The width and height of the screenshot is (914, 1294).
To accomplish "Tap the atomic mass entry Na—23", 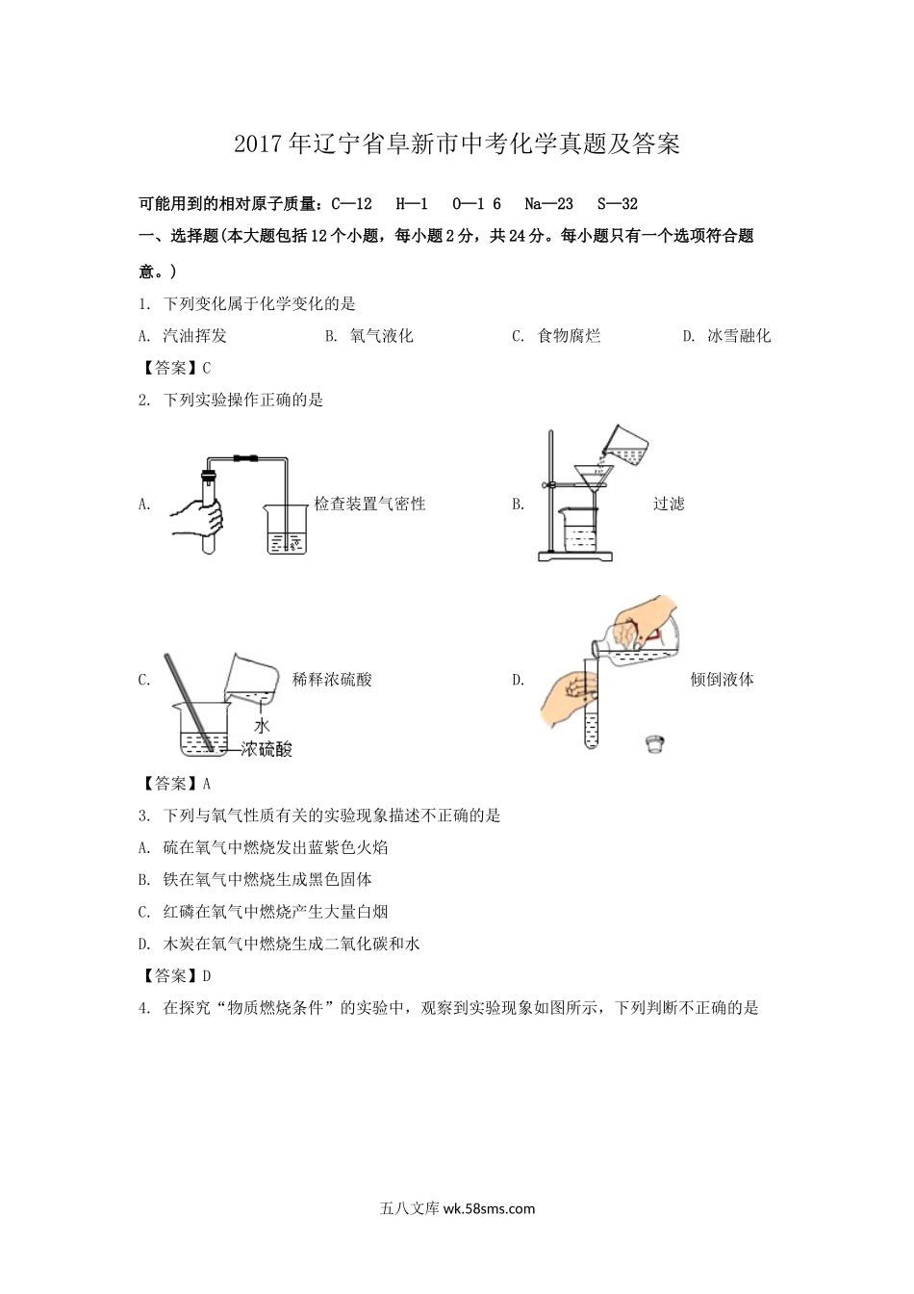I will point(548,203).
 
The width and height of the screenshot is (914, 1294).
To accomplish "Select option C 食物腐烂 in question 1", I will point(568,336).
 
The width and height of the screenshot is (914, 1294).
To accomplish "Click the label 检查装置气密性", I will point(369,504).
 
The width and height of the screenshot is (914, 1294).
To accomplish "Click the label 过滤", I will point(669,504).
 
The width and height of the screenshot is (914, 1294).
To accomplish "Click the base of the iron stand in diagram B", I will point(574,556).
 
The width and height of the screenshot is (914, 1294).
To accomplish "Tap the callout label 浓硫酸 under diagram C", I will point(267,749).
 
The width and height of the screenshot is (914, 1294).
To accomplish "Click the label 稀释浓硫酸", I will point(332,680).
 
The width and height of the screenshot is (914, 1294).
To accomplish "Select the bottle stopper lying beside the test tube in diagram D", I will point(656,742).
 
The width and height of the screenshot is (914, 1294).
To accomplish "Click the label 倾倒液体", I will point(722,680).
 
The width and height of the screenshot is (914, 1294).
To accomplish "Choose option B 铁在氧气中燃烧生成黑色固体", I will point(267,879).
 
